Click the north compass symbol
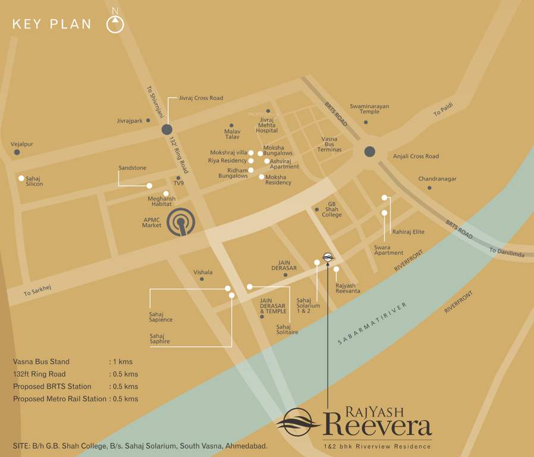[115, 24]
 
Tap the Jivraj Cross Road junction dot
[167, 130]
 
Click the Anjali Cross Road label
[416, 156]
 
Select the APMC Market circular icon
[181, 223]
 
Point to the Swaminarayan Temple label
[369, 109]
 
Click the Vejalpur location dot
[17, 152]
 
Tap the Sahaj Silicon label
[34, 181]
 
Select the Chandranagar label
[437, 179]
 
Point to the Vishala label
[203, 272]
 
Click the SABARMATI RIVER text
[372, 323]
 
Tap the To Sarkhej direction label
[37, 291]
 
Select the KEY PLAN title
[52, 24]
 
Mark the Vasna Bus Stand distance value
[121, 362]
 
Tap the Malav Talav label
[232, 134]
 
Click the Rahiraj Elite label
[409, 232]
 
